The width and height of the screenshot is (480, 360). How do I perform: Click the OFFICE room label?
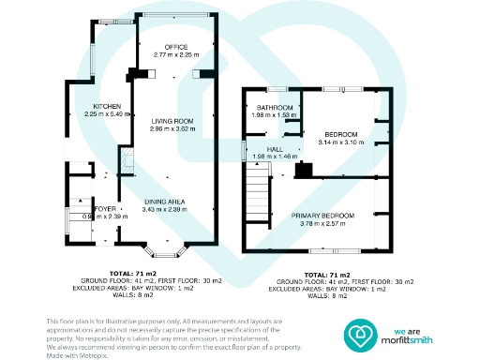click(177, 47)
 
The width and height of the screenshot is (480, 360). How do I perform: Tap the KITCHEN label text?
click(95, 106)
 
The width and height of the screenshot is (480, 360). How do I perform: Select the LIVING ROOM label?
click(172, 120)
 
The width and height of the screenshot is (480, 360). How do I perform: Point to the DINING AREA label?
click(163, 202)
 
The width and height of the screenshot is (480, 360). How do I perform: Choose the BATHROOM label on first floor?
click(273, 107)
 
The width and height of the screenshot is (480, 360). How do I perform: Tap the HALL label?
click(275, 149)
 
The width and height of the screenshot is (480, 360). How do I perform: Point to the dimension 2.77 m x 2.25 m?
click(177, 55)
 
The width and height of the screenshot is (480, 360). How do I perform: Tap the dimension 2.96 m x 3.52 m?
click(172, 127)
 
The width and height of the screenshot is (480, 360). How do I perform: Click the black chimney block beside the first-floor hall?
click(303, 170)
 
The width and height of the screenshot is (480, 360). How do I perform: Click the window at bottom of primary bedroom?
click(323, 252)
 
